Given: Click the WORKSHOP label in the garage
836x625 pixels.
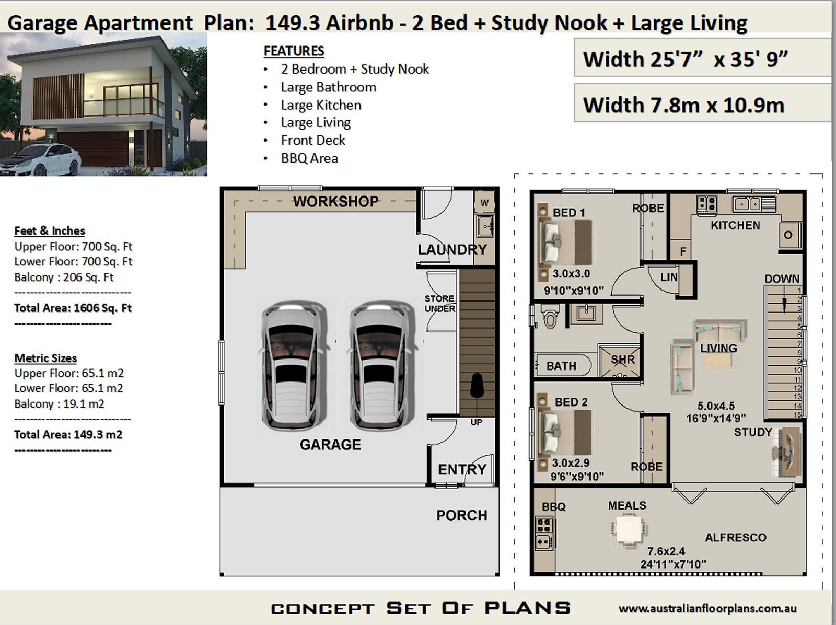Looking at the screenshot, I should pos(335,201).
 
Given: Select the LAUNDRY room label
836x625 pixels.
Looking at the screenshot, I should pos(452,250).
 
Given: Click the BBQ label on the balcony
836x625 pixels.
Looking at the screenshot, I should pos(553,506).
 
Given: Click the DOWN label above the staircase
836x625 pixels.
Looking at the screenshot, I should pos(782,279).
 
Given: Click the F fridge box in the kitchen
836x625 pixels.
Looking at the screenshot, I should pos(682,251).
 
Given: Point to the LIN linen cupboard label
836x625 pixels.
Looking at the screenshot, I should pos(669,277).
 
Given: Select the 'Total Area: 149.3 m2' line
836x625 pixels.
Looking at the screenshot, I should pos(68,435).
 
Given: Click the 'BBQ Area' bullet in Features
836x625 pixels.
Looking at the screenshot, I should pos(309,158).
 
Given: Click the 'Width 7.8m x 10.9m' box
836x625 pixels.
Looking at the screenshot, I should pos(683,105).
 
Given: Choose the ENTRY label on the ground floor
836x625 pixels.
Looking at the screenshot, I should pos(462,469).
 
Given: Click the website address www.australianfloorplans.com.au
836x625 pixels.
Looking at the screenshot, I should pos(707,609).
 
